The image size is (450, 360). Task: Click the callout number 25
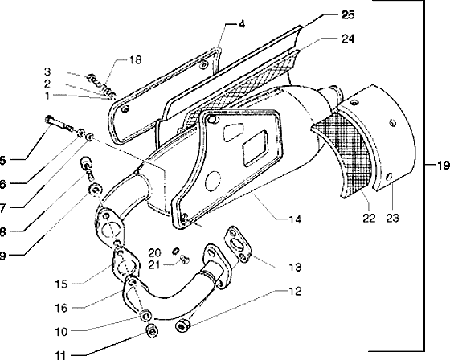point(348,14)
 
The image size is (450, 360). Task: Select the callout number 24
point(348,39)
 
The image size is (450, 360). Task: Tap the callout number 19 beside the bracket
point(443,166)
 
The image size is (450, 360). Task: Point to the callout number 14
point(295,219)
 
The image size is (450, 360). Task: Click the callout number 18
point(135,59)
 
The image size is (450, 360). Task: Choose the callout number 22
point(369,219)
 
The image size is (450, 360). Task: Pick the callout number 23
point(392,219)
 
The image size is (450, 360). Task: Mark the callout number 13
point(295,268)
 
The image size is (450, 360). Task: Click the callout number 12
point(295,291)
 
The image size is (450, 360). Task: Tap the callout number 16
point(61,309)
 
